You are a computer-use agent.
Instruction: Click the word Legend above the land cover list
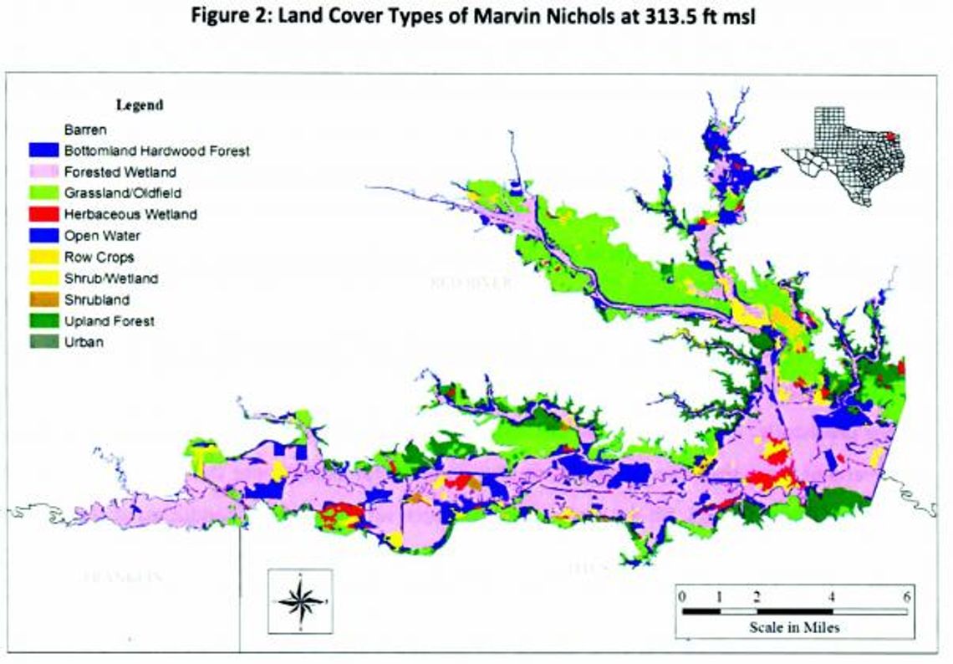click(139, 105)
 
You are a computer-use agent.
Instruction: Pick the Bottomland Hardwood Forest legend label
click(156, 151)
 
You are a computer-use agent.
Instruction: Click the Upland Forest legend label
click(109, 321)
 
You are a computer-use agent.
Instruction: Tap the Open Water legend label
click(102, 236)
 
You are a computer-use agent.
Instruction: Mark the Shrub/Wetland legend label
click(110, 278)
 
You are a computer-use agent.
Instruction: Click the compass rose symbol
click(299, 601)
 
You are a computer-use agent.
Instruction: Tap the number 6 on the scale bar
click(907, 596)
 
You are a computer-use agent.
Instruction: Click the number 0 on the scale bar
click(682, 596)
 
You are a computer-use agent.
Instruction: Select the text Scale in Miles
click(794, 626)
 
